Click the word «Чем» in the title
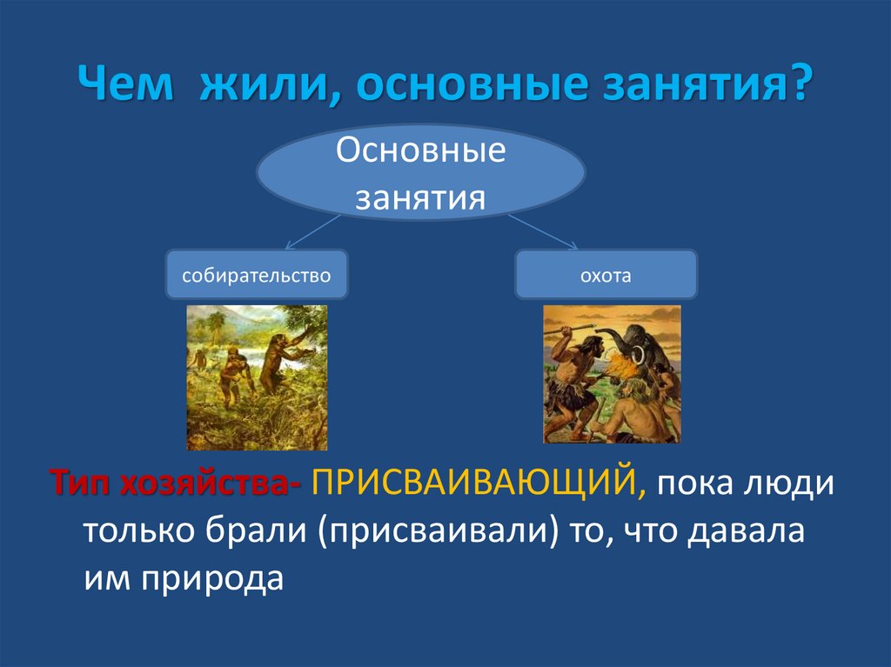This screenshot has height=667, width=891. click(x=125, y=83)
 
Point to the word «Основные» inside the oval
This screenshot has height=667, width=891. click(x=420, y=150)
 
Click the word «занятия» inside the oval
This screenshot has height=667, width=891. click(x=420, y=197)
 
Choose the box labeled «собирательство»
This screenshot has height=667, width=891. click(x=257, y=275)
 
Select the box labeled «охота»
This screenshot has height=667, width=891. click(x=606, y=275)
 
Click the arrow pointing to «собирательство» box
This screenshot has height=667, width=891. click(x=312, y=232)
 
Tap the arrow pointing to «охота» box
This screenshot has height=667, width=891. click(x=543, y=232)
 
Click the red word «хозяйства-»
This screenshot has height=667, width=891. click(x=211, y=483)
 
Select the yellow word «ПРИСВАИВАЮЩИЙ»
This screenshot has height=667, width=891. click(x=479, y=484)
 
